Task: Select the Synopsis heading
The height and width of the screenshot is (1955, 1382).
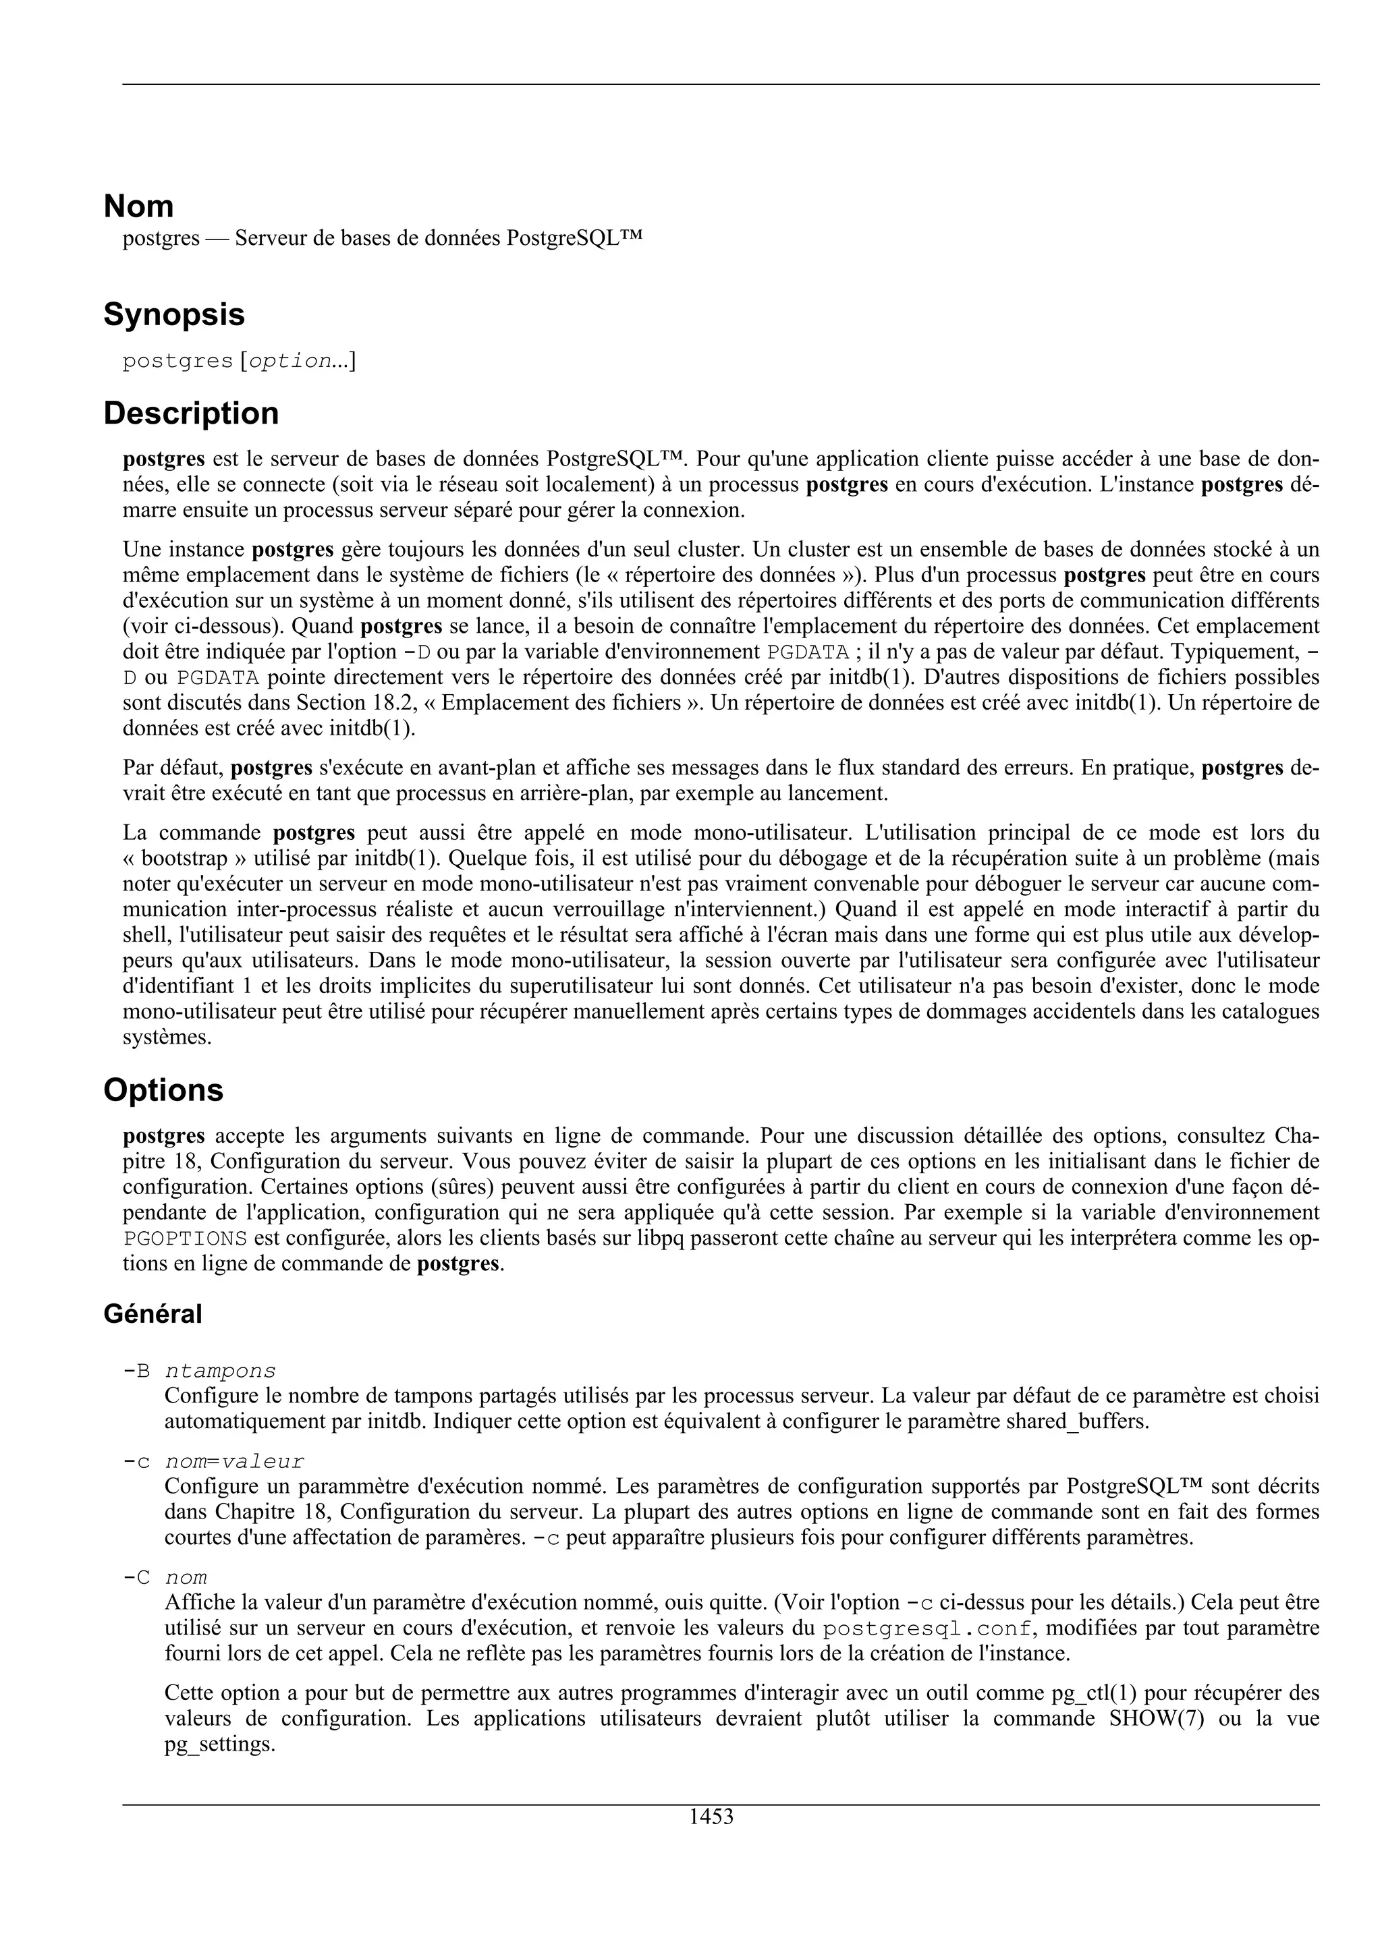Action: [x=173, y=315]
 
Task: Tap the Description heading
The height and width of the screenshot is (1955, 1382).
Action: [x=191, y=414]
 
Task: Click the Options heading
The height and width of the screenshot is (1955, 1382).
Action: [x=163, y=1091]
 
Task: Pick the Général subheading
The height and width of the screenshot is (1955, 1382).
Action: [x=153, y=1314]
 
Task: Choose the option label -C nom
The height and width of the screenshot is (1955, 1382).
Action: [x=165, y=1578]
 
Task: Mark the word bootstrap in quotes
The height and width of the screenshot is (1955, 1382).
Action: [x=186, y=858]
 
